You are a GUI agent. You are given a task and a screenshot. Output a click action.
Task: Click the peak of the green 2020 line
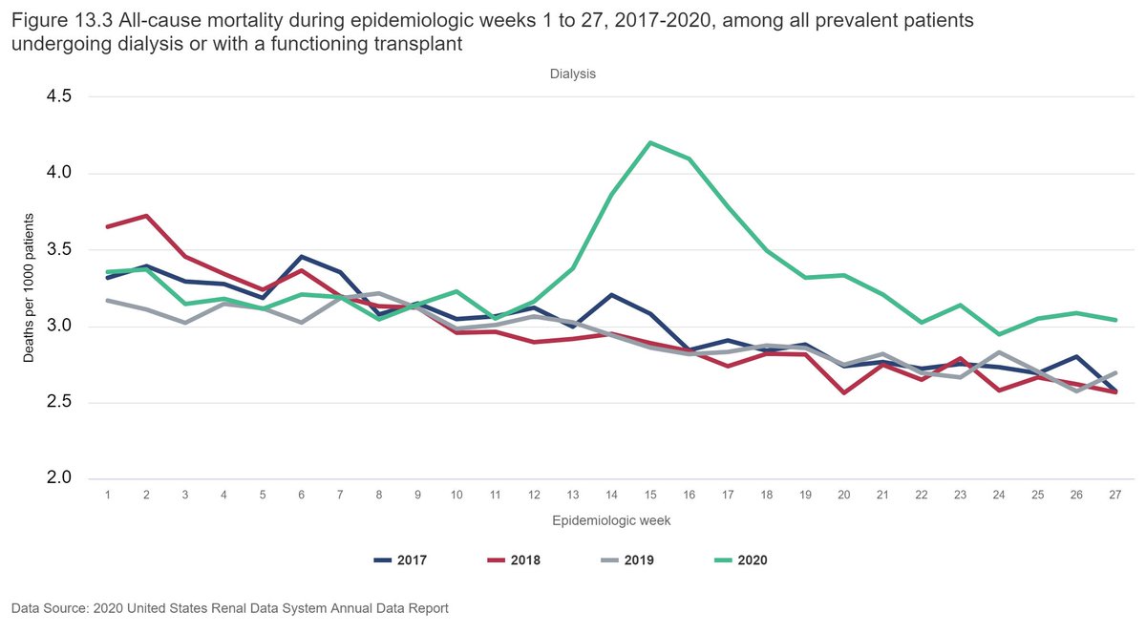click(650, 143)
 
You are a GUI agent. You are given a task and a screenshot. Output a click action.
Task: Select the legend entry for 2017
click(399, 560)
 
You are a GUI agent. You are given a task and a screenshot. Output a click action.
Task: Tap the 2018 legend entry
click(512, 560)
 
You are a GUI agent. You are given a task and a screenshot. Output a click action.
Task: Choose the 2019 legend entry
click(626, 560)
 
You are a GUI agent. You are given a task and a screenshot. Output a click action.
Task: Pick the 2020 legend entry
click(738, 560)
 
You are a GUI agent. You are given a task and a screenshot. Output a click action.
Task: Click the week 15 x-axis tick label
click(650, 495)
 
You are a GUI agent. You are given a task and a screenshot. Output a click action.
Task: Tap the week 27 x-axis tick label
click(1114, 495)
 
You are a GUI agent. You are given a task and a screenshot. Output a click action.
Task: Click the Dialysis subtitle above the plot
click(572, 74)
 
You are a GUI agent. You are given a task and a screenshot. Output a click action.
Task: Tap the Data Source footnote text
click(229, 608)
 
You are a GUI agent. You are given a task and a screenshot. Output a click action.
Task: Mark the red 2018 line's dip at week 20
click(843, 392)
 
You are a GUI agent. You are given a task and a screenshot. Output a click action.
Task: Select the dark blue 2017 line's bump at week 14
click(611, 295)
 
